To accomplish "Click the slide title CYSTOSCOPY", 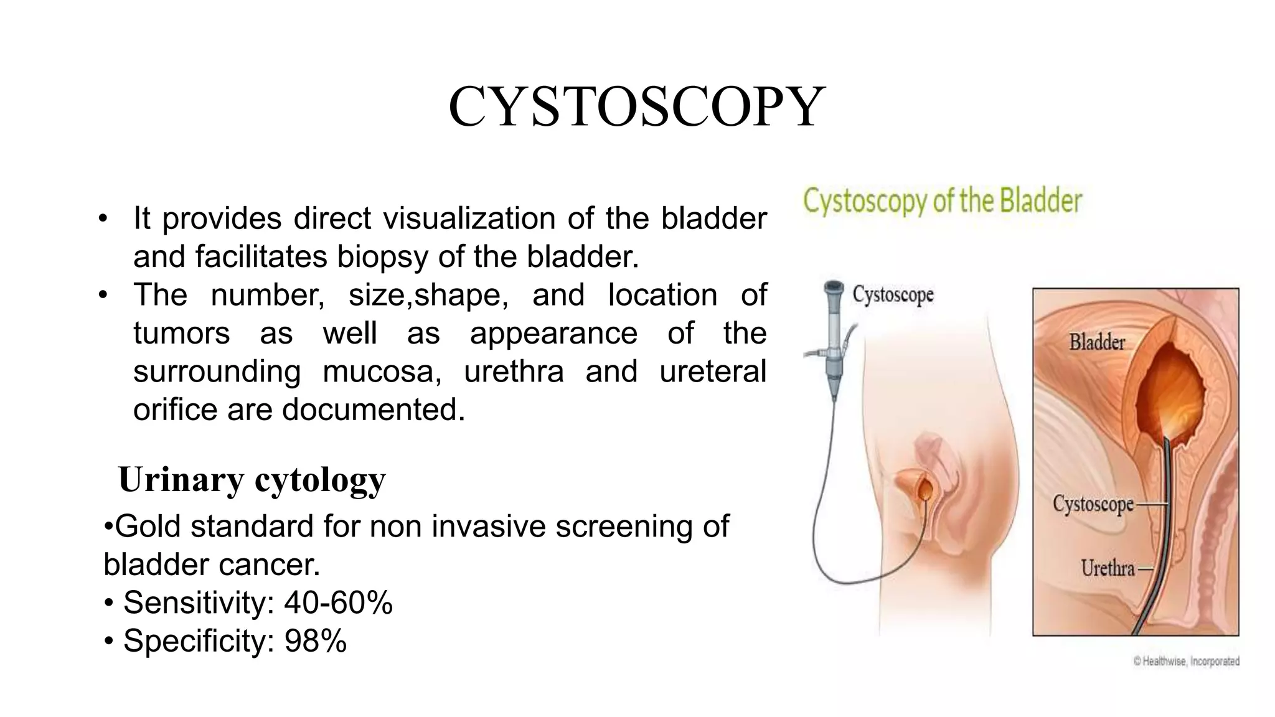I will pyautogui.click(x=636, y=108).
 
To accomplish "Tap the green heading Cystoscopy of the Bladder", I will pyautogui.click(x=943, y=202).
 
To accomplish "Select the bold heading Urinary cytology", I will pyautogui.click(x=252, y=480).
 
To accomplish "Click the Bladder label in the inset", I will pyautogui.click(x=1097, y=342).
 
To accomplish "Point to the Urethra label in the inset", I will pyautogui.click(x=1108, y=568).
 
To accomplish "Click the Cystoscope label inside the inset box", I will pyautogui.click(x=1093, y=504).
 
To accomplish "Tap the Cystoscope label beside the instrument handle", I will pyautogui.click(x=893, y=294).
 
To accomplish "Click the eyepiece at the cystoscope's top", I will pyautogui.click(x=833, y=288).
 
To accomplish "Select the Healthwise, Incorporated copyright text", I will pyautogui.click(x=1186, y=662).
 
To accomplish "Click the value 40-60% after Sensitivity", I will pyautogui.click(x=338, y=602).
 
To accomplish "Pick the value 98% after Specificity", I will pyautogui.click(x=315, y=641).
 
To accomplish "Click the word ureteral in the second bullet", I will pyautogui.click(x=712, y=372).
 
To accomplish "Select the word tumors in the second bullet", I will pyautogui.click(x=181, y=334).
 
